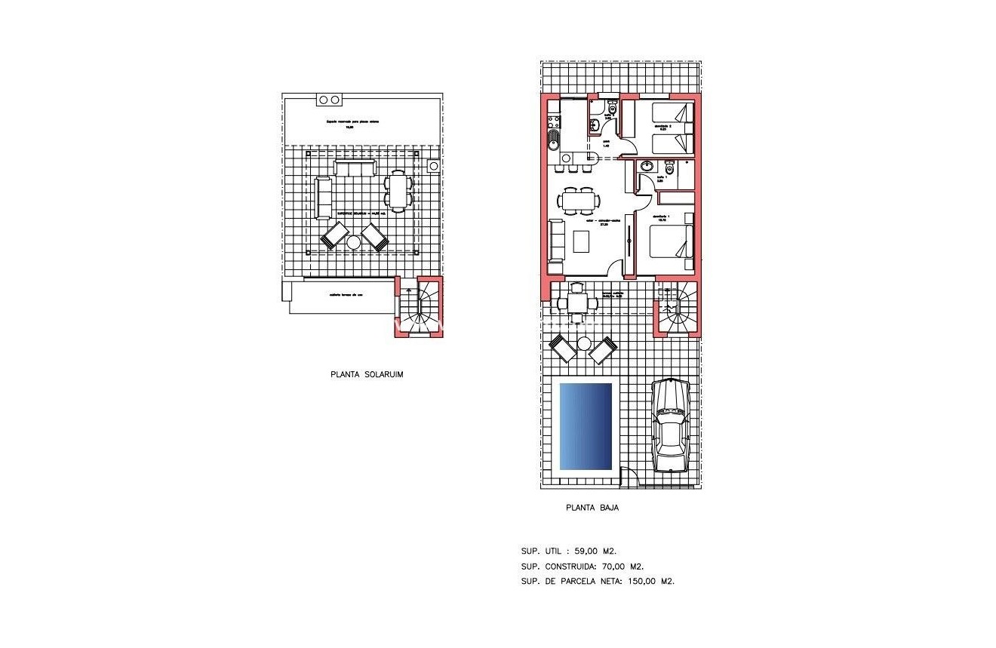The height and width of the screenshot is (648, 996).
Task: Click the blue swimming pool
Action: click(x=586, y=426)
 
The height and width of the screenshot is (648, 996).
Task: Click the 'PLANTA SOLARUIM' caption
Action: click(x=367, y=374)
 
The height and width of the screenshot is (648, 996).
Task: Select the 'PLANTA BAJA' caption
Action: click(x=592, y=508)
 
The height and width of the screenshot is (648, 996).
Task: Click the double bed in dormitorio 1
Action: click(x=671, y=241)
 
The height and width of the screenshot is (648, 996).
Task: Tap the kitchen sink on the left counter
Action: click(x=552, y=139)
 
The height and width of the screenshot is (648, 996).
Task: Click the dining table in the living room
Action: click(x=579, y=201)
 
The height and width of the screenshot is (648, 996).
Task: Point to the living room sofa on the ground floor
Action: click(x=555, y=245)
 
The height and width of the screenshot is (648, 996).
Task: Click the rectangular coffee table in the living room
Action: click(x=582, y=241)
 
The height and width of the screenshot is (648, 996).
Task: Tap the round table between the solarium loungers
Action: click(x=354, y=241)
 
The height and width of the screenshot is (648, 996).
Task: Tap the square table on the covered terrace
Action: click(x=576, y=303)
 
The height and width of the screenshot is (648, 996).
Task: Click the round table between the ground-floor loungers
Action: click(x=584, y=344)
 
